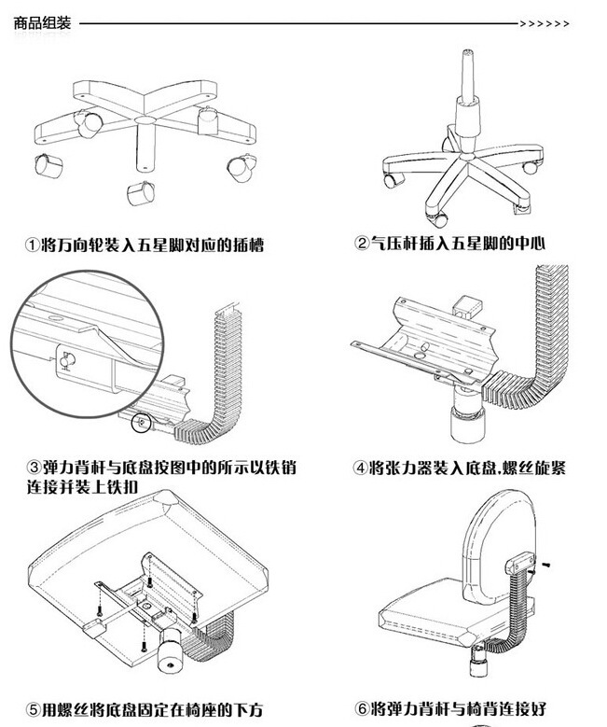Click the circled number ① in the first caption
(31, 245)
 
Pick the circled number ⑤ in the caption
(31, 711)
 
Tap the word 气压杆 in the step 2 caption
(395, 245)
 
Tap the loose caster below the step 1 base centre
(139, 192)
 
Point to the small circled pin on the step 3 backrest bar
(142, 422)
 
